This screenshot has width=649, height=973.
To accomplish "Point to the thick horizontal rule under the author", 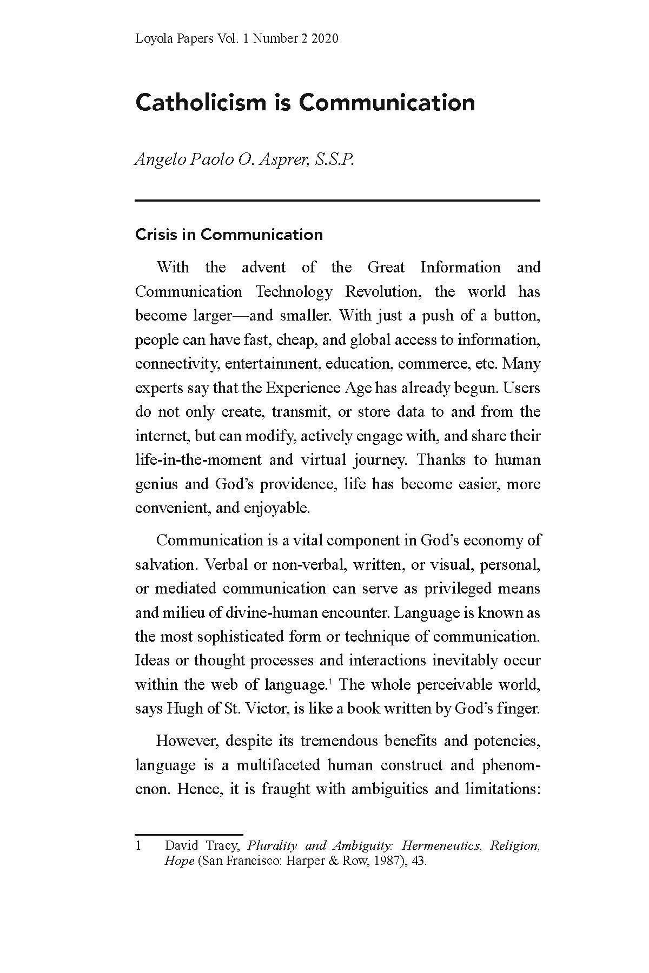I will pyautogui.click(x=337, y=201).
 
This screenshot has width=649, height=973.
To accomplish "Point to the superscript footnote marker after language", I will pyautogui.click(x=329, y=682).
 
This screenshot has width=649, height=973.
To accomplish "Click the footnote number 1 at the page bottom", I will pyautogui.click(x=138, y=846).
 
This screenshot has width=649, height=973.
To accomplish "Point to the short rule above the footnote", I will pyautogui.click(x=189, y=835).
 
